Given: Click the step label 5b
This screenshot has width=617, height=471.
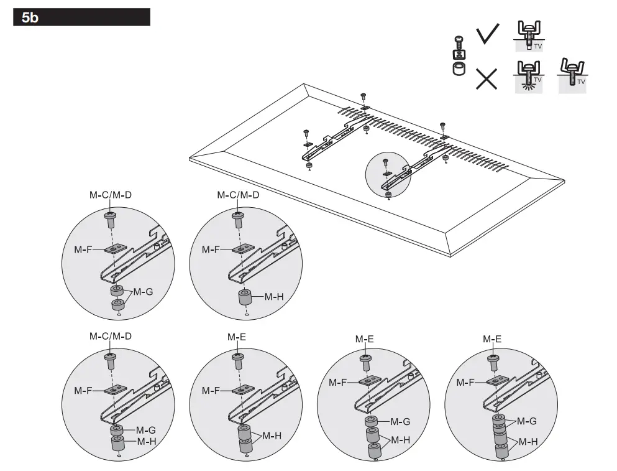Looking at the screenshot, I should click(x=30, y=17).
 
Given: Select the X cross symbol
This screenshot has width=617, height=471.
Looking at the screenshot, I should click(x=486, y=79).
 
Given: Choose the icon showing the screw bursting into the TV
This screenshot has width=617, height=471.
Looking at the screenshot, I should click(x=529, y=77).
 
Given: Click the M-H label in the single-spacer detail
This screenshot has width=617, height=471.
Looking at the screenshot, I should click(x=274, y=296).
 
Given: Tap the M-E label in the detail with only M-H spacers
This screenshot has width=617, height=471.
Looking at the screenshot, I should click(x=237, y=337).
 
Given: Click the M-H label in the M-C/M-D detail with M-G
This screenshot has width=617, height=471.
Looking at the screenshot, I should click(x=146, y=441).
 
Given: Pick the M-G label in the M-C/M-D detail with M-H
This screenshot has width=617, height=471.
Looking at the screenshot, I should click(x=145, y=430).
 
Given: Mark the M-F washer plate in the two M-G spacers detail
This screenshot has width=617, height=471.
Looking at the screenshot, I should click(x=115, y=249).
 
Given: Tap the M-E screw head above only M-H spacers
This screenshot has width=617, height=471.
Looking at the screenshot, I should click(x=237, y=357).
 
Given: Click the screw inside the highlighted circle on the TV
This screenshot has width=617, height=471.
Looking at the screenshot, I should click(x=385, y=164).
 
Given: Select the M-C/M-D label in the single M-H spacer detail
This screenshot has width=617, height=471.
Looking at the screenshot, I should click(x=238, y=195).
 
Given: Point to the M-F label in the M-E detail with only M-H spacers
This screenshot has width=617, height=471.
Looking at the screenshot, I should click(x=211, y=391).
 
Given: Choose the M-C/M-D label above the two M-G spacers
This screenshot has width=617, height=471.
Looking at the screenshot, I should click(x=111, y=195).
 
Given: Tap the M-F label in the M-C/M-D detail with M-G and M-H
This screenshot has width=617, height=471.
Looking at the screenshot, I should click(x=83, y=391).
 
